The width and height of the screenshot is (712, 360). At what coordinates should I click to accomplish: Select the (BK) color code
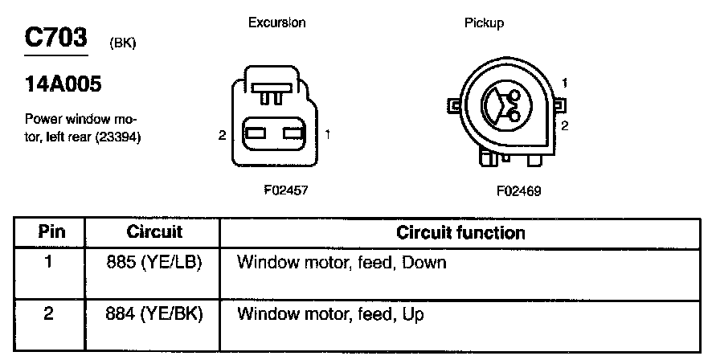[121, 43]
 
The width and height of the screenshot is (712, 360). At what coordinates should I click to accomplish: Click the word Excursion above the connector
[276, 22]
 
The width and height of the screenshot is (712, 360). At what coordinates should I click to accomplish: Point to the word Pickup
[484, 23]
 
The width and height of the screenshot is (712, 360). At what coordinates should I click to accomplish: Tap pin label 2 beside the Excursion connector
[222, 136]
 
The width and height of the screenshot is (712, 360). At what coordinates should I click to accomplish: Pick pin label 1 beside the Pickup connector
[567, 83]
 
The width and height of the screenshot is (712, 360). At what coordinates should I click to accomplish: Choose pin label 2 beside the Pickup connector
[566, 125]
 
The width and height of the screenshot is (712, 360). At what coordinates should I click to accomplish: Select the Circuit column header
[154, 233]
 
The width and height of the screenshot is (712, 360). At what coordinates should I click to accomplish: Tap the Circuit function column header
[460, 233]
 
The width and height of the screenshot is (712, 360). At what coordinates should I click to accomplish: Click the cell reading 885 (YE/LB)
[155, 263]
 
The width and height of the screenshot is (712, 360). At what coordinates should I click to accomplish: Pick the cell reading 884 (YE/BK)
[155, 313]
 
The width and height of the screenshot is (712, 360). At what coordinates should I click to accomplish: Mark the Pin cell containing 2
[48, 313]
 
